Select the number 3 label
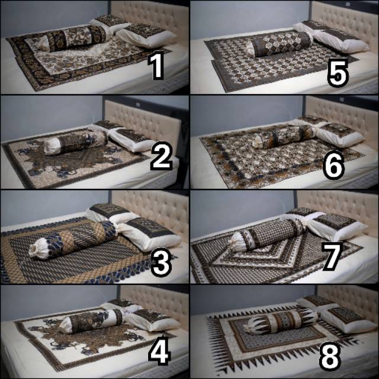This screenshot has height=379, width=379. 161,263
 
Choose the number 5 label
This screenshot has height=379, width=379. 338,72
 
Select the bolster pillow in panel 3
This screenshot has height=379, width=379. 72,240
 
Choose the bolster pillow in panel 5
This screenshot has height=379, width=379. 279,44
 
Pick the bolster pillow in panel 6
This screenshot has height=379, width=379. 285,137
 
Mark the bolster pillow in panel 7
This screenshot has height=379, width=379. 267,235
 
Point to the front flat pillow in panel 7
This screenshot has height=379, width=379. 337,227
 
